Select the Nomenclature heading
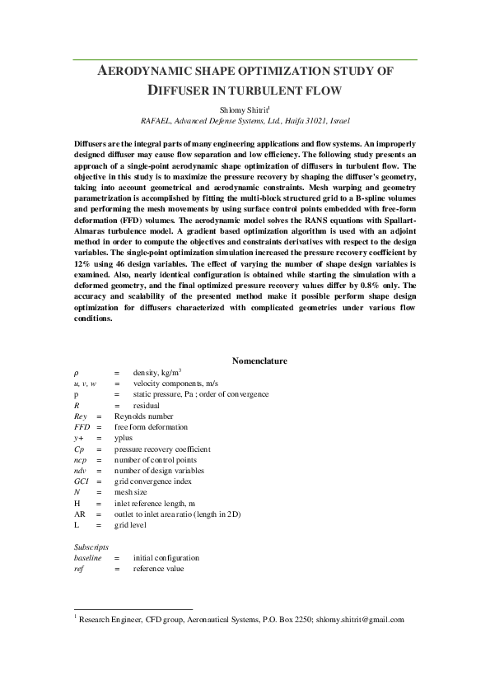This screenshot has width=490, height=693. pyautogui.click(x=259, y=360)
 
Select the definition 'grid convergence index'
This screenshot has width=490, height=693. pyautogui.click(x=152, y=481)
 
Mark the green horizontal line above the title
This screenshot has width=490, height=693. pyautogui.click(x=245, y=59)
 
